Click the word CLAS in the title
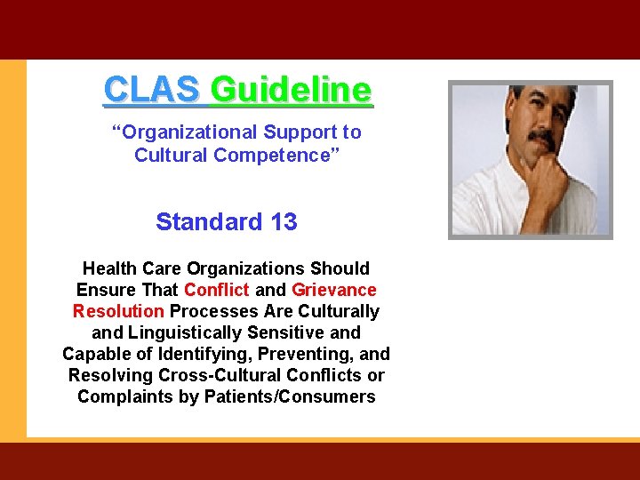152,89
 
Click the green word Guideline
291,89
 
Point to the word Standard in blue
209,221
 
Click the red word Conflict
217,290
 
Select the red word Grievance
334,290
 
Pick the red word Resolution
118,311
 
